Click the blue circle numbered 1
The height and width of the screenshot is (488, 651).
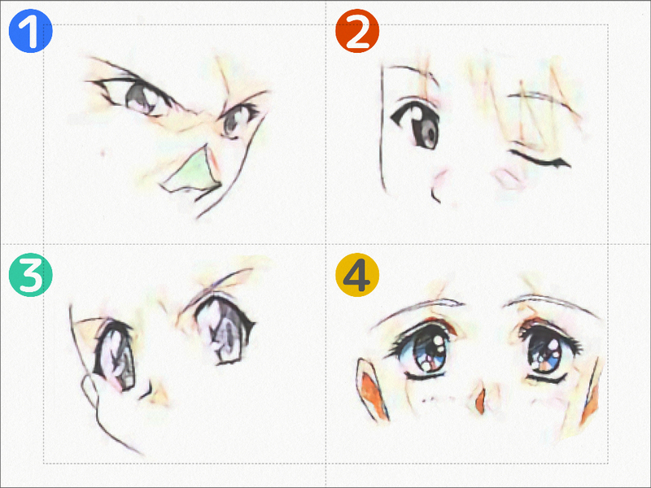point(30,31)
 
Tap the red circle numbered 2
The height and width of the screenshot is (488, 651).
point(357,31)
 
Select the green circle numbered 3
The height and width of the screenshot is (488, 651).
point(30,275)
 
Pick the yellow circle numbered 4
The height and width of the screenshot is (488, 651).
point(357,275)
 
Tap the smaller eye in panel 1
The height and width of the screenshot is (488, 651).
point(235,120)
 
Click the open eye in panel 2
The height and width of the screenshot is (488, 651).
point(417,124)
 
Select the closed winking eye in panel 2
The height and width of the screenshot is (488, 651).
point(540,159)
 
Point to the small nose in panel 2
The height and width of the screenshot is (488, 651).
point(435,195)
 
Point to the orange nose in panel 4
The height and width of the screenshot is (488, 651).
point(481,400)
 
